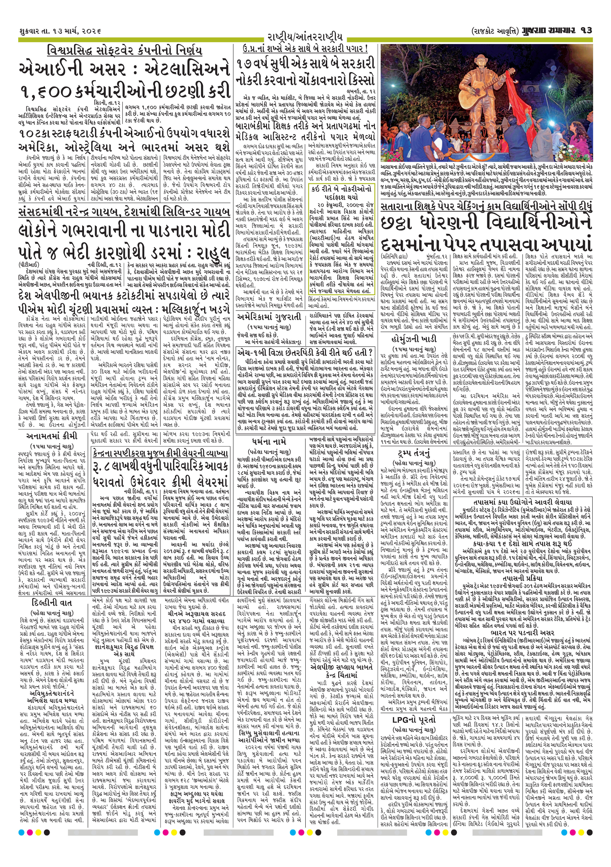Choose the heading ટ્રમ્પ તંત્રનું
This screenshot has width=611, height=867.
tap(414, 454)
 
